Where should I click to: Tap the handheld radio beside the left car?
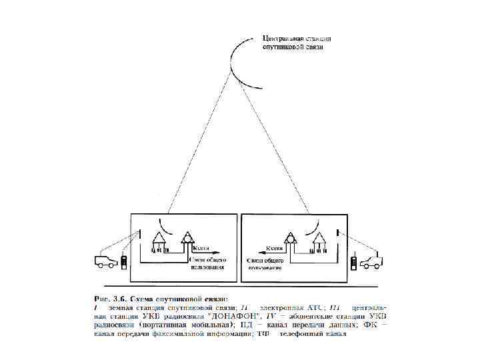click(x=125, y=261)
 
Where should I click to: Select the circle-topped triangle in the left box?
click(x=189, y=241)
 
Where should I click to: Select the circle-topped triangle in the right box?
click(x=291, y=241)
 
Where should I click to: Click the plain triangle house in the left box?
click(x=159, y=241)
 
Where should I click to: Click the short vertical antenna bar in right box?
click(x=339, y=234)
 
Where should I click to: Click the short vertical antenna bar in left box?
click(x=141, y=234)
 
